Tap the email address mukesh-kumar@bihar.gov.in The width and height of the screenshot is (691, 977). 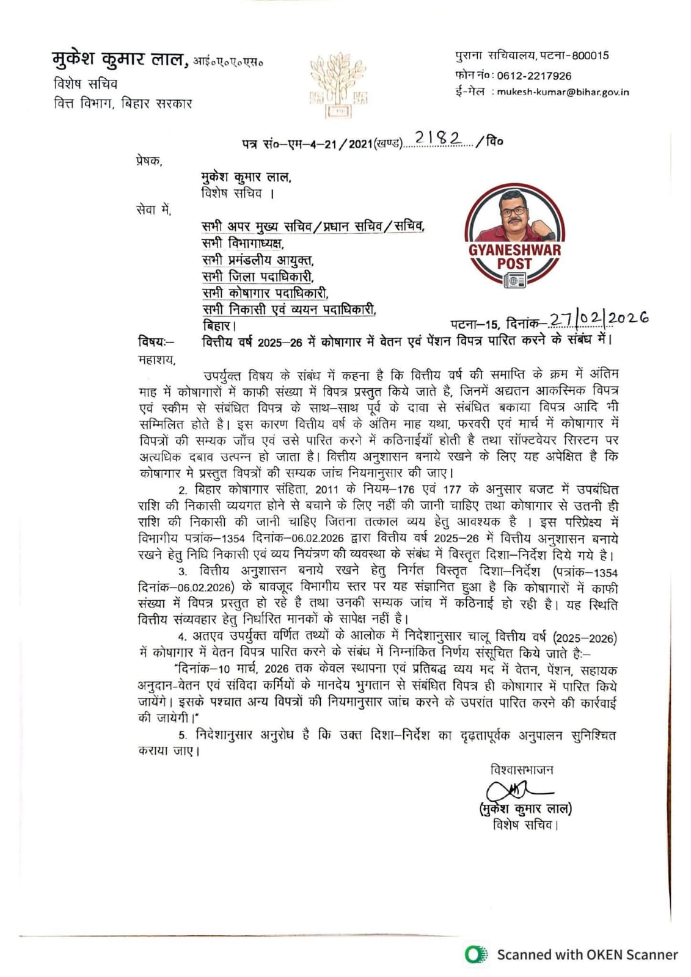coord(562,92)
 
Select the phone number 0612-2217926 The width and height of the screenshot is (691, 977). coord(534,76)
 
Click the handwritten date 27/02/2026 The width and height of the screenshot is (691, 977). coord(598,319)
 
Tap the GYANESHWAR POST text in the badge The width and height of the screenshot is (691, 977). coord(514,256)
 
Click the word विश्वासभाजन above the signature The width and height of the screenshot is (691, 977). coord(522,769)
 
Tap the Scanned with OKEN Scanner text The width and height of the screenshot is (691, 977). coord(587,954)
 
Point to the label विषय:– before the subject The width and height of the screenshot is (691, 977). coord(156,342)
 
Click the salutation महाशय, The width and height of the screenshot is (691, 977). coord(156,360)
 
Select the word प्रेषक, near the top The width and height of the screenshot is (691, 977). coord(149,161)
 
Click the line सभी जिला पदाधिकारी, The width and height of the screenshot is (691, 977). coord(258,277)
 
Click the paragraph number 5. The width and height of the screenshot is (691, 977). coord(183,735)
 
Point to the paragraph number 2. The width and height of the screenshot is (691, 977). coord(182,490)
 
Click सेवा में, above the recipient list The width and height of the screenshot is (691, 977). coord(153,210)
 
